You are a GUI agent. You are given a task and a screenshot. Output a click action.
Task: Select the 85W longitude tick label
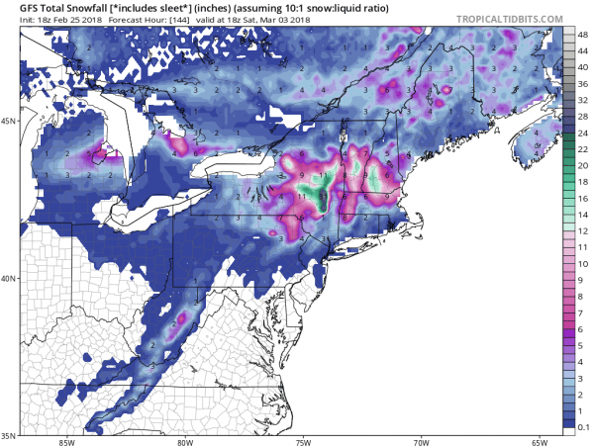(x=66, y=442)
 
